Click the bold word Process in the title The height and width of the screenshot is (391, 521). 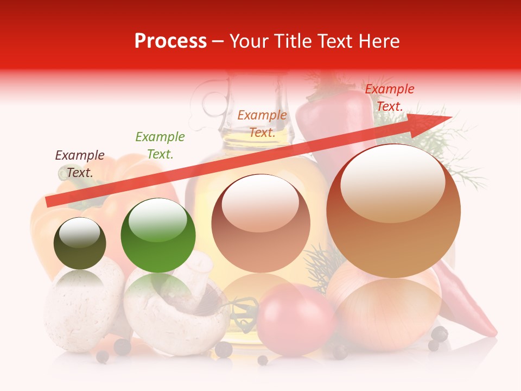(x=170, y=41)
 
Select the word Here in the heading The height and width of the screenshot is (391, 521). (x=378, y=41)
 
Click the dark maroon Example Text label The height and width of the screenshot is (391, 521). (x=80, y=164)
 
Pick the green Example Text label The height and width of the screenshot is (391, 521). (x=160, y=146)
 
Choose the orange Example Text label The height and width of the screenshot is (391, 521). (x=262, y=124)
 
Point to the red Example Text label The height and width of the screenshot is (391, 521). (x=389, y=98)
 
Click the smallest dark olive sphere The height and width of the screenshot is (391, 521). (x=80, y=243)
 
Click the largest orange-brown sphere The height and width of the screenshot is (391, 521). (x=393, y=211)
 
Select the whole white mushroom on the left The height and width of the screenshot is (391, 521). (x=81, y=310)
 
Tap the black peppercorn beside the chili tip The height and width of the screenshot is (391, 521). (x=440, y=333)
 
